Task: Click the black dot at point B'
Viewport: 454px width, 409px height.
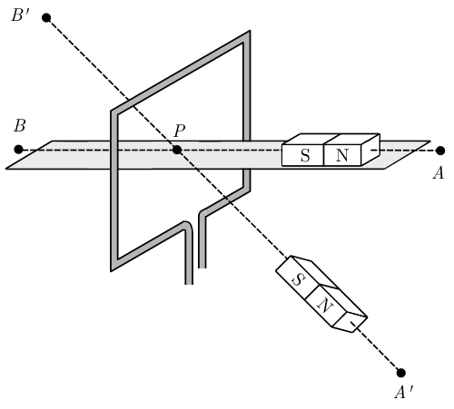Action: [46, 18]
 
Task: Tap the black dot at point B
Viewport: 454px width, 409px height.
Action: [19, 150]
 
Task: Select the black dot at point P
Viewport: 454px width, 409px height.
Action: [177, 150]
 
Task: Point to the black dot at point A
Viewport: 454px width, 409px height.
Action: [440, 151]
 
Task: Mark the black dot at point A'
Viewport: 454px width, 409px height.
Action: [400, 373]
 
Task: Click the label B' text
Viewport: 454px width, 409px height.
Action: [21, 15]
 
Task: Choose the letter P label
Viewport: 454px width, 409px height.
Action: [180, 131]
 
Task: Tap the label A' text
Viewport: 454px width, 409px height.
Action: [404, 393]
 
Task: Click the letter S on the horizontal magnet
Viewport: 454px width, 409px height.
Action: [305, 155]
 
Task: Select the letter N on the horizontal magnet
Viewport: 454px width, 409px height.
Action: [342, 155]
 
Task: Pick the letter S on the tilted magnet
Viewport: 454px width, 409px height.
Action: [297, 279]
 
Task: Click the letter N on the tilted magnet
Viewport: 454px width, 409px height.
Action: [325, 306]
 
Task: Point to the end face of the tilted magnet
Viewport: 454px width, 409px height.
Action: [350, 322]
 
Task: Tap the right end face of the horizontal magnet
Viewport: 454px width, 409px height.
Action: [370, 150]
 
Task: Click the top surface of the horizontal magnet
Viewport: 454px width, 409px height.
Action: [331, 139]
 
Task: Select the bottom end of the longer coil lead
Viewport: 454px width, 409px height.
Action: [189, 283]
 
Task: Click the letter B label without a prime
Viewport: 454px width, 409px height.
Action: [20, 126]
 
